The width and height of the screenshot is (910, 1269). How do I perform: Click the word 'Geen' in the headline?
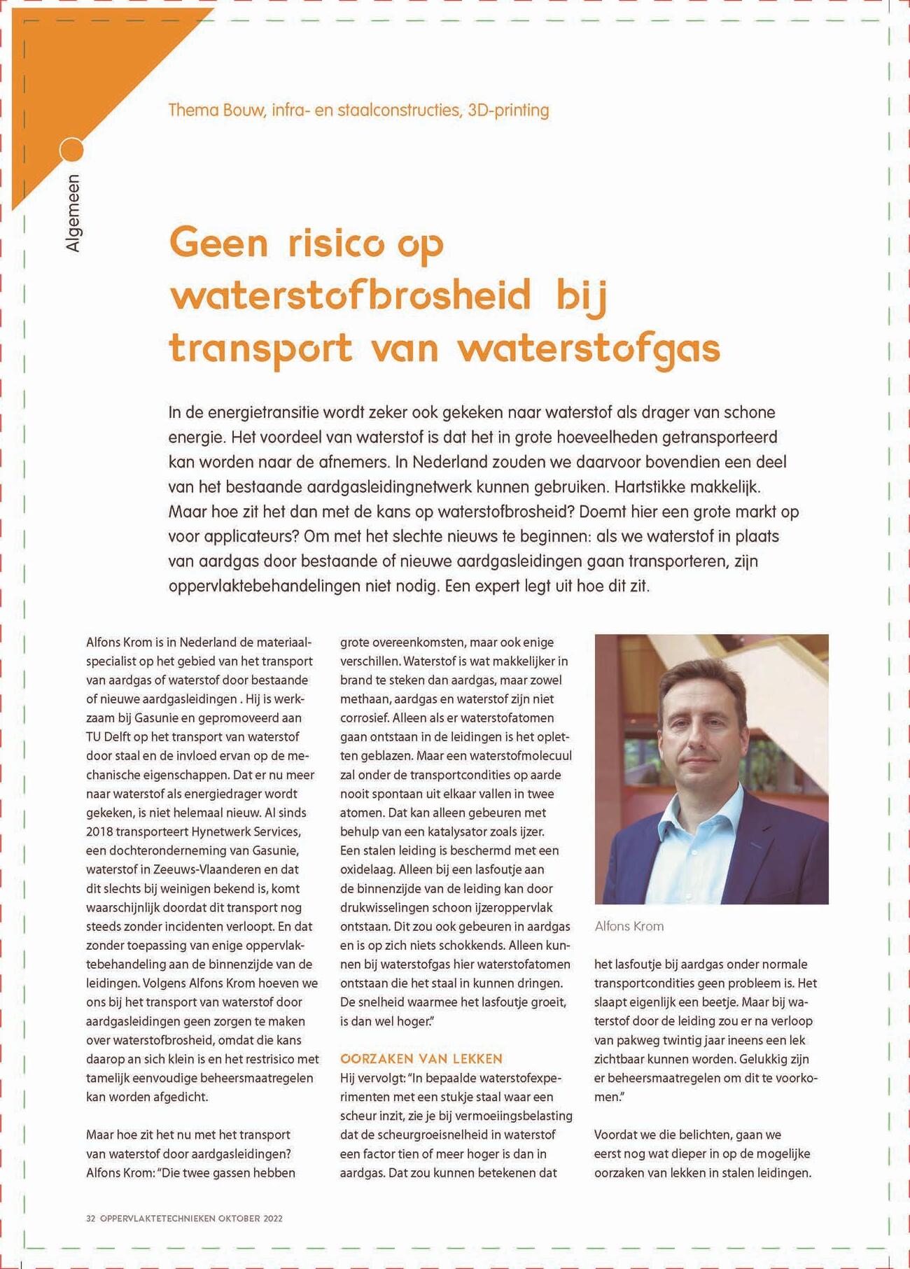pyautogui.click(x=219, y=244)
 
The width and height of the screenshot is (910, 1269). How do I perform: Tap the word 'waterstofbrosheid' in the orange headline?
pyautogui.click(x=351, y=295)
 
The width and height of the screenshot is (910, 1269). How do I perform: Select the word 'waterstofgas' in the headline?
pyautogui.click(x=589, y=348)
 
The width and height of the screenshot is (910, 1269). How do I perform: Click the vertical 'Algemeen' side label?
pyautogui.click(x=73, y=213)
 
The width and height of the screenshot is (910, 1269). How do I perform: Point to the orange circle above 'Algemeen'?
pyautogui.click(x=71, y=150)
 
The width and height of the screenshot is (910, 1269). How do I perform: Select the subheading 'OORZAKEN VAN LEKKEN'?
pyautogui.click(x=421, y=1058)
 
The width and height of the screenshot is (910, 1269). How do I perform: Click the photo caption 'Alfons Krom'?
pyautogui.click(x=629, y=926)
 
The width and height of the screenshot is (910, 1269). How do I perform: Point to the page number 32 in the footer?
pyautogui.click(x=90, y=1219)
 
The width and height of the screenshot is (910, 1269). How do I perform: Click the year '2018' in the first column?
pyautogui.click(x=99, y=832)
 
